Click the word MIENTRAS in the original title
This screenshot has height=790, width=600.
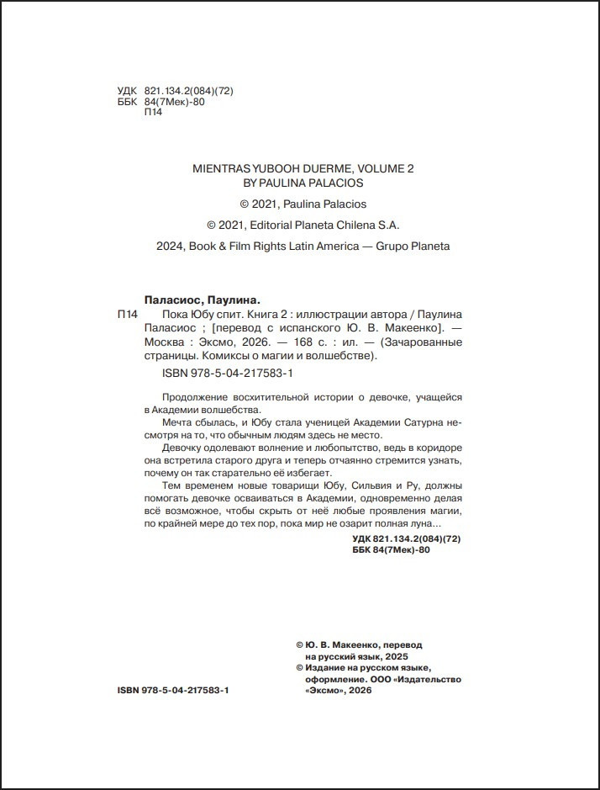point(219,168)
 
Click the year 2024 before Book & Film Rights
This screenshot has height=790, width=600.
point(170,247)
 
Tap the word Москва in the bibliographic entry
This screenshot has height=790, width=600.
point(164,342)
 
